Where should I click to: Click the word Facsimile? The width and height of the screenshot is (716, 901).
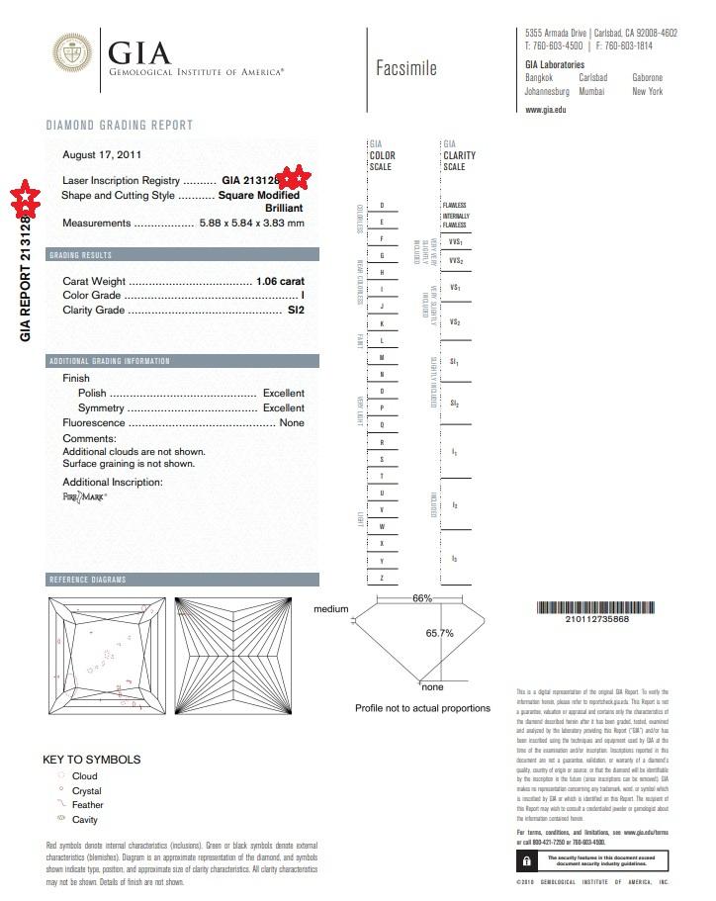tap(405, 68)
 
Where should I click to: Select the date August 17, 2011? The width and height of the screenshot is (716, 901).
tap(101, 155)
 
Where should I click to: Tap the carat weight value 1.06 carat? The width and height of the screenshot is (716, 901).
tap(279, 281)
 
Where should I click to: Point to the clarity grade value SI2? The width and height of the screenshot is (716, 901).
tap(296, 310)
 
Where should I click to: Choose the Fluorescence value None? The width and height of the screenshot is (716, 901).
tap(292, 422)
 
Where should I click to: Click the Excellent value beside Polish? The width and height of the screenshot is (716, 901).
tap(283, 393)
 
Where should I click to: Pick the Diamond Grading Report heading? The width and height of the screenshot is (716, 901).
tap(120, 126)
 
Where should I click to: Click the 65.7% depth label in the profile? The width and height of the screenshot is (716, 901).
tap(439, 632)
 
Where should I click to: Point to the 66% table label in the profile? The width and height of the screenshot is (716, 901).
tap(422, 598)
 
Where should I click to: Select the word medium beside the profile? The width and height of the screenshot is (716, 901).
tap(330, 609)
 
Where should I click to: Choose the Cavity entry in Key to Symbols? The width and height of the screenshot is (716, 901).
tap(85, 820)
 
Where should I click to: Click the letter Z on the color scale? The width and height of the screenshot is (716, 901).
tap(381, 578)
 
